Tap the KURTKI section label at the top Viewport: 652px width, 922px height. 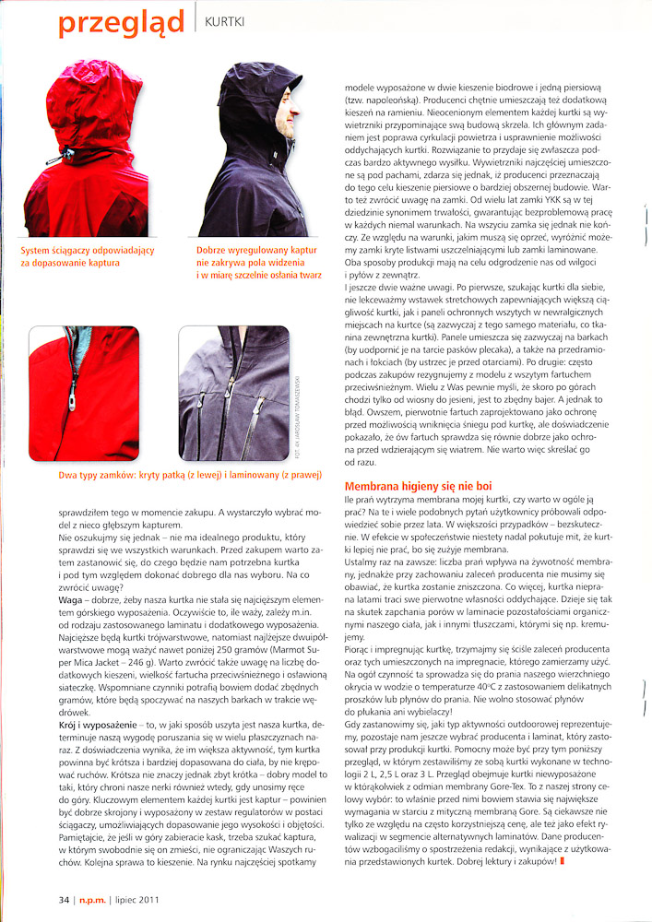[224, 18]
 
